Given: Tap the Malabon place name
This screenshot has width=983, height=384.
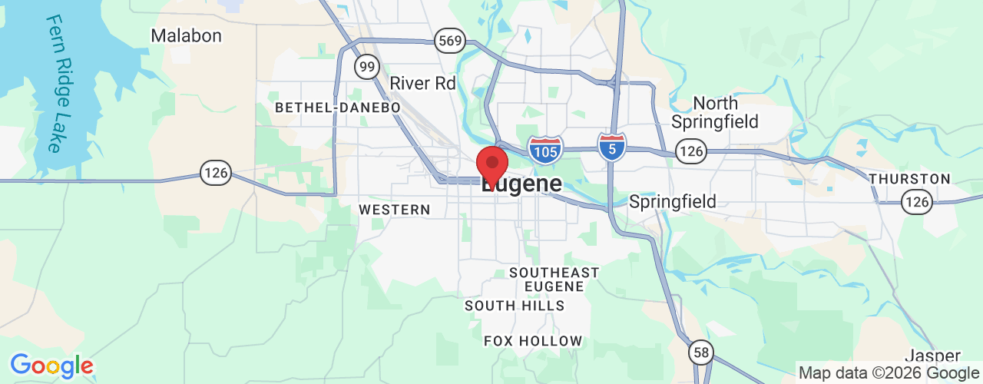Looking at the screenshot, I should tap(186, 35).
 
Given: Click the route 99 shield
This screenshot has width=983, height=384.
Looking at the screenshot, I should tap(368, 67).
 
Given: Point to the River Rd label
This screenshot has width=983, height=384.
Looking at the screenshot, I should tap(422, 83).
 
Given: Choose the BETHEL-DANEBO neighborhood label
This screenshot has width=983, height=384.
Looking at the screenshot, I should tap(338, 108).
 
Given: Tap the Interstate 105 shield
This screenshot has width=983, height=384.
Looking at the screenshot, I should tap(545, 150).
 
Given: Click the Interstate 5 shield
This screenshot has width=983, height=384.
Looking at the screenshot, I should tap(612, 146).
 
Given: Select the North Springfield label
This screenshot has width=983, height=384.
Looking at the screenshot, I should tap(715, 112).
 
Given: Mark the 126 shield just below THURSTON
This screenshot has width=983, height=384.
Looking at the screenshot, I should tap(917, 203).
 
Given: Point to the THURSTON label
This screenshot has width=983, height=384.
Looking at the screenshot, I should tap(910, 179).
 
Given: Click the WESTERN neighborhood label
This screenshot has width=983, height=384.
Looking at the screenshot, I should tap(395, 209).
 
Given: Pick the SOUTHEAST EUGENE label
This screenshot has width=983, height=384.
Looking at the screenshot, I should tap(554, 279).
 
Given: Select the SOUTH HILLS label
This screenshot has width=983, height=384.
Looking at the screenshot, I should tap(515, 306).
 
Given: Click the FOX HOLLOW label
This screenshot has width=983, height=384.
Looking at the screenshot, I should tap(533, 340).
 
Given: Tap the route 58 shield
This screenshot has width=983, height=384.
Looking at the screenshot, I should tap(700, 352).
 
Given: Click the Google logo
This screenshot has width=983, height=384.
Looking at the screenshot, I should tap(51, 366).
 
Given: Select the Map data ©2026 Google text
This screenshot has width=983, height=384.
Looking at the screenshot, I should tap(887, 373).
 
